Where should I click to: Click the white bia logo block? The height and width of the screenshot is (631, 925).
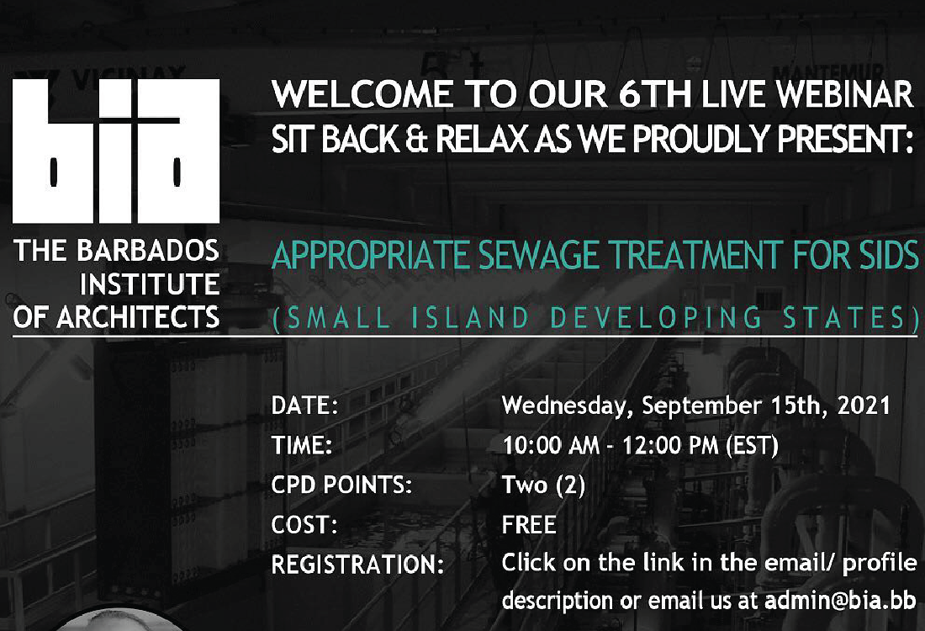[116, 151]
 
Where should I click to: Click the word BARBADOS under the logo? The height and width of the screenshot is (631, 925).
[148, 251]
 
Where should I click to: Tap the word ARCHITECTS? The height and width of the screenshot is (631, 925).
[138, 317]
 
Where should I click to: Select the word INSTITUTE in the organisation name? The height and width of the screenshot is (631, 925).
[150, 284]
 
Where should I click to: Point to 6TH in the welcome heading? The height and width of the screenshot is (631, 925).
[655, 94]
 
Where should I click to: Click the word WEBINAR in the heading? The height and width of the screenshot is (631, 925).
[845, 94]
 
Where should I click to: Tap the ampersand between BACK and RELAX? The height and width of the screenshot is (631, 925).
[417, 140]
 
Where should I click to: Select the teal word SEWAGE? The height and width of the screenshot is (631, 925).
[538, 255]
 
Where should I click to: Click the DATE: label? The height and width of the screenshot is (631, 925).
[304, 406]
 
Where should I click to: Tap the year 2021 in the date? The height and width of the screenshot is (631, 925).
[864, 406]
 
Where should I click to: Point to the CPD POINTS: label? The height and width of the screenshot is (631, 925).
[341, 485]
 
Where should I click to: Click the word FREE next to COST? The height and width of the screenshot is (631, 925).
[529, 525]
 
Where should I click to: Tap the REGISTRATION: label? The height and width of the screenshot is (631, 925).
[357, 565]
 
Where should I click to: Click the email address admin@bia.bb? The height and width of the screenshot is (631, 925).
[840, 601]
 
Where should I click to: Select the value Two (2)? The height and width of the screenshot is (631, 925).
[543, 485]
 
